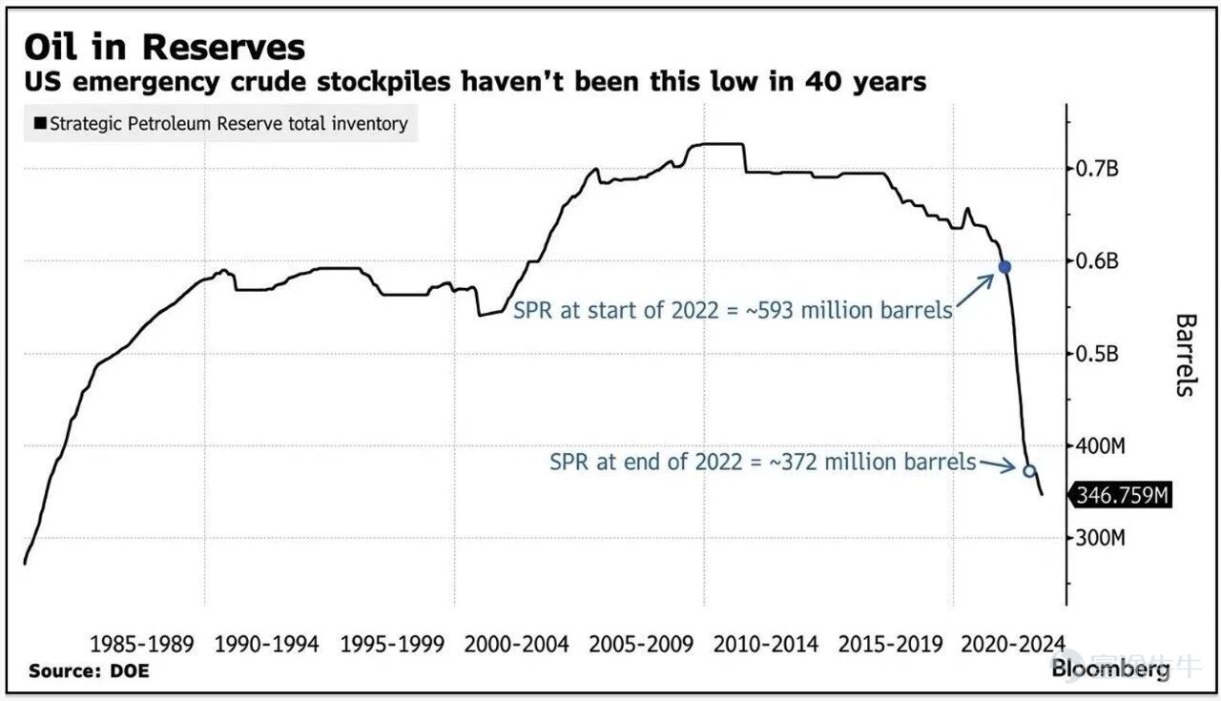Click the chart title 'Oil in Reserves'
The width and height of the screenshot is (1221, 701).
click(x=165, y=47)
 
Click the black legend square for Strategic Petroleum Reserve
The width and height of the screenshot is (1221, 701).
click(x=40, y=123)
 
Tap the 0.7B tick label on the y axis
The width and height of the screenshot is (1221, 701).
click(x=1097, y=169)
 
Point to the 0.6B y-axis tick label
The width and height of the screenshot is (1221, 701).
click(x=1097, y=261)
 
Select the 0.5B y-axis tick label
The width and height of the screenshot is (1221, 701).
click(x=1097, y=354)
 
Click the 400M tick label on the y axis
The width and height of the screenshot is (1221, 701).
click(x=1100, y=446)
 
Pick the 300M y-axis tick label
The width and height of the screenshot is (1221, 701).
click(x=1100, y=538)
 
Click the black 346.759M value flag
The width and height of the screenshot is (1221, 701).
click(x=1121, y=496)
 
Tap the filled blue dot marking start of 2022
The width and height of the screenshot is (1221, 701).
click(x=1004, y=267)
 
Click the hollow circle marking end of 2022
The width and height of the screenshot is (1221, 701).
click(x=1029, y=470)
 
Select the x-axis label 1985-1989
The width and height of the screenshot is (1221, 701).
click(x=142, y=645)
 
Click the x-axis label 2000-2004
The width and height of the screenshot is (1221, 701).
click(x=516, y=645)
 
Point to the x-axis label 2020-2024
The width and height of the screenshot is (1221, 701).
click(x=1013, y=645)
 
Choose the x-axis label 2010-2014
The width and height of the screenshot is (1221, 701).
click(x=766, y=645)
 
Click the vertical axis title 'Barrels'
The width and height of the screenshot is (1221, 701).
click(x=1186, y=355)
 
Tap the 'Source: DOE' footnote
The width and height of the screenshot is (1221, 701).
click(x=89, y=670)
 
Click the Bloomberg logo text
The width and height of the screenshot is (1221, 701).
click(x=1110, y=670)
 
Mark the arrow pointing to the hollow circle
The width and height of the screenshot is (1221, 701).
click(x=998, y=465)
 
